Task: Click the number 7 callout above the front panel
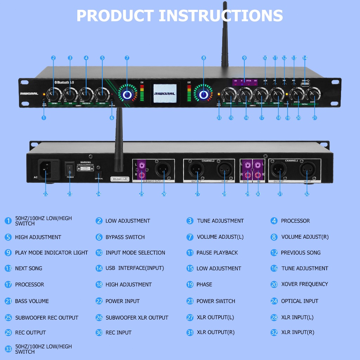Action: (127, 58)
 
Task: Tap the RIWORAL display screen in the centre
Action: (165, 94)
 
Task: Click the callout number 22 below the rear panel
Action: (45, 194)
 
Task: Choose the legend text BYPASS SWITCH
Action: (125, 237)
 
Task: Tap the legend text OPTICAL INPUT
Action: (300, 301)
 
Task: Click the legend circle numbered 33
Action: (8, 349)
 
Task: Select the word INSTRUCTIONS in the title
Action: (221, 16)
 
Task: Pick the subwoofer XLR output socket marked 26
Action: (162, 171)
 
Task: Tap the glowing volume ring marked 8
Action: (203, 94)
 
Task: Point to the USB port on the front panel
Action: (305, 84)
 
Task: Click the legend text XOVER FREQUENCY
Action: (304, 284)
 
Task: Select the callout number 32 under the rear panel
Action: (307, 194)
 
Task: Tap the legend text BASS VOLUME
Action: (32, 301)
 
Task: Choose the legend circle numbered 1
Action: (8, 221)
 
